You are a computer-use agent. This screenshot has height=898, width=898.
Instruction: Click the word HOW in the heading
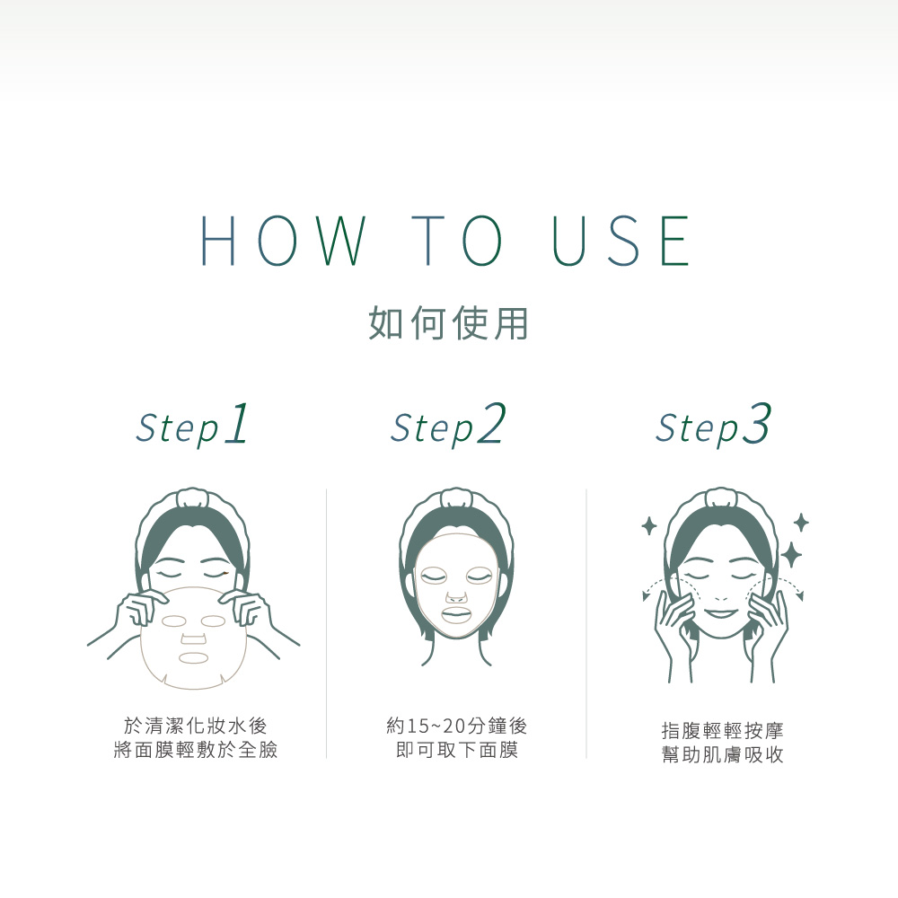pos(283,241)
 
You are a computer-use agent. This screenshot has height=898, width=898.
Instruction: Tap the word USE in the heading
pos(622,241)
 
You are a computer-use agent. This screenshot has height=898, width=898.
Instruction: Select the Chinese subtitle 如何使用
pos(448,323)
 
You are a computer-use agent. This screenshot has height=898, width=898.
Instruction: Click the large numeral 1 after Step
pos(237,424)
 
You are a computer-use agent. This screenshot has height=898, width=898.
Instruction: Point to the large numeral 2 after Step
pos(492,423)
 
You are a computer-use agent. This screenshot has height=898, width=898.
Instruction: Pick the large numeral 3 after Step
pos(757,424)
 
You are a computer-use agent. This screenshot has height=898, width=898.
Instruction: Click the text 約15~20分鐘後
pos(456,726)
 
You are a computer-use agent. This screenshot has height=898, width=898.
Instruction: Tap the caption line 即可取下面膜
pos(456,750)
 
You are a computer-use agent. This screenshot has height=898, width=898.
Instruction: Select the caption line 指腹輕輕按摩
pos(722,731)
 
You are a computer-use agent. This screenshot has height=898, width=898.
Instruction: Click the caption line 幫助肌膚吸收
pos(722,755)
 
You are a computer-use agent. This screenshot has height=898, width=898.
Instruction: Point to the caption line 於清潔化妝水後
pos(195,726)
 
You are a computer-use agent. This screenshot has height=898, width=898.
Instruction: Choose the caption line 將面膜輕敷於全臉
pos(195,750)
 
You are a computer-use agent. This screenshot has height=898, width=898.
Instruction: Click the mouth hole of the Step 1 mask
pos(194,658)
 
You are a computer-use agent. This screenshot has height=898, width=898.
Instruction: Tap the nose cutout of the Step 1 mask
pos(194,638)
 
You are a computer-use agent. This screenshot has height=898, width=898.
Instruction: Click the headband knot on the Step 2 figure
pos(456,497)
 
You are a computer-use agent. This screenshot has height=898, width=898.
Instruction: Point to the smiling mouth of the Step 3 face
pos(721,614)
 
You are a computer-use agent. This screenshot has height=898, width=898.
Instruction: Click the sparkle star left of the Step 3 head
pos(649,525)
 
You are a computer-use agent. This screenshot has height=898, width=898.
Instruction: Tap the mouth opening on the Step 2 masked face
pos(456,616)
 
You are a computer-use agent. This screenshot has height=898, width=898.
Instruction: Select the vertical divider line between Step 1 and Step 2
pos(327,624)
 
